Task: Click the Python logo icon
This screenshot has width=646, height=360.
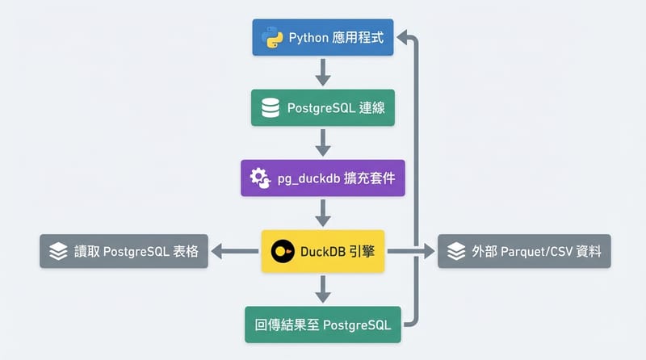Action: coord(269,38)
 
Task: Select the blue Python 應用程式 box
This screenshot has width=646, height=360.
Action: coord(322,38)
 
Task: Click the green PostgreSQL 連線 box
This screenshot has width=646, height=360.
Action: coord(322,107)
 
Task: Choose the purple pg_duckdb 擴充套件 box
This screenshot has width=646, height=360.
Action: coord(322,178)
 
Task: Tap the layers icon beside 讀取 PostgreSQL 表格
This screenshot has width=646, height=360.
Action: coord(58,251)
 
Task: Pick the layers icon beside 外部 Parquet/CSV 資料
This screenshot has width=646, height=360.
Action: coord(455,251)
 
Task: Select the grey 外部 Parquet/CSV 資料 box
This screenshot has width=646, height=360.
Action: coord(523,251)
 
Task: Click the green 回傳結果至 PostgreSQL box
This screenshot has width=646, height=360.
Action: coord(322,325)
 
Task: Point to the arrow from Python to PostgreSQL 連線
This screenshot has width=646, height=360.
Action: coord(323,72)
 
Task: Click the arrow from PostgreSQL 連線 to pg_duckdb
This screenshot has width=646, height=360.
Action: coord(323,142)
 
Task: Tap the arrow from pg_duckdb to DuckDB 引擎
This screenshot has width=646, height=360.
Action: coord(323,212)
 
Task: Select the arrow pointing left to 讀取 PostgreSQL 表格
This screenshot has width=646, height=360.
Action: coord(235,251)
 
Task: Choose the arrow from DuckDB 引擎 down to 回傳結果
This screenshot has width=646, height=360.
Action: coord(323,287)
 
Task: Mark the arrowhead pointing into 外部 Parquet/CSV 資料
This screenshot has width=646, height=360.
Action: coord(430,251)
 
